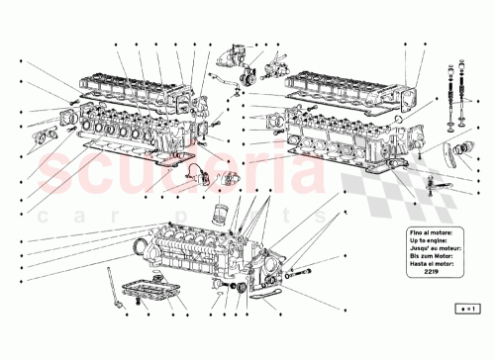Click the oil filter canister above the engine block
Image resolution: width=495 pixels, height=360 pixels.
pos(222,215)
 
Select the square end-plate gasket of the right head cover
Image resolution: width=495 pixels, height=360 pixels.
pos(408,97)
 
